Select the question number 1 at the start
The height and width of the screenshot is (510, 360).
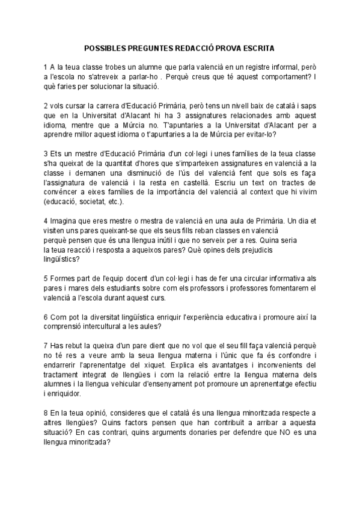pyautogui.click(x=45, y=66)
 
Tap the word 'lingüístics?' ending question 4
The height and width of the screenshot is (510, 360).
pyautogui.click(x=61, y=259)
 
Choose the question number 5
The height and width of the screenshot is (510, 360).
pyautogui.click(x=45, y=278)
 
